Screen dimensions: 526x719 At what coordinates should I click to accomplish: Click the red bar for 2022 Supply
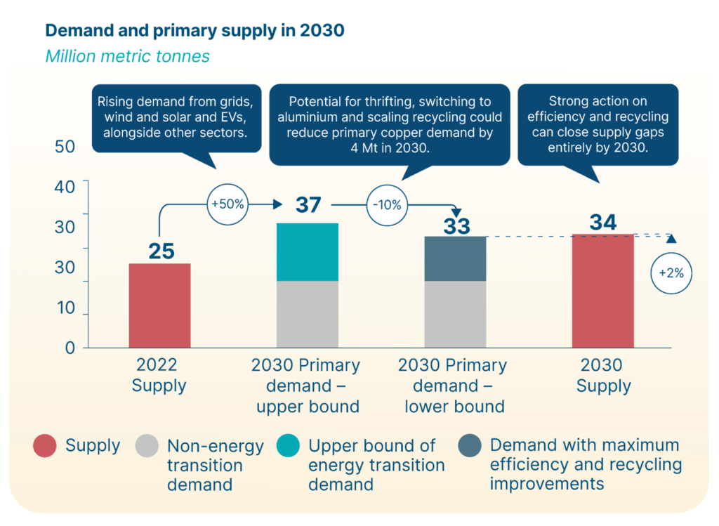click(x=159, y=305)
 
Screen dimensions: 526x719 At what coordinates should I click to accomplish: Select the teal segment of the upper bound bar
click(x=308, y=252)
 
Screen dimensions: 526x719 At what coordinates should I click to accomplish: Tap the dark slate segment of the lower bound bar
click(x=455, y=258)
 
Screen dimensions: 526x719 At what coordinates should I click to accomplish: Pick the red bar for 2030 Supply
click(x=603, y=291)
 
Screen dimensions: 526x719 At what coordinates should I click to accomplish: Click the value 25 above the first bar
click(x=161, y=251)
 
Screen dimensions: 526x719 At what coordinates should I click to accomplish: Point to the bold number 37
click(x=308, y=205)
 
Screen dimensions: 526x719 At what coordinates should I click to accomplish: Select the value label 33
click(x=456, y=226)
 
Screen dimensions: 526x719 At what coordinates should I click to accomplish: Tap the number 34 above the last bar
click(x=603, y=222)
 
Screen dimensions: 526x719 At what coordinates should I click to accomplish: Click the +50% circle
click(x=227, y=205)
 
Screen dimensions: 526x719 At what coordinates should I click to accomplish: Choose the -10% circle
click(x=386, y=205)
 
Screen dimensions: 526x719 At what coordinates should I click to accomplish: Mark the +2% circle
click(x=671, y=274)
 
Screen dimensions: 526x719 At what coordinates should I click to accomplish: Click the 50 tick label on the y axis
click(x=65, y=147)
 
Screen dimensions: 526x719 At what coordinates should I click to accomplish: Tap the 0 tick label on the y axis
click(x=70, y=348)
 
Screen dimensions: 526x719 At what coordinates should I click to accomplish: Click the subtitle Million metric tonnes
click(x=127, y=56)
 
